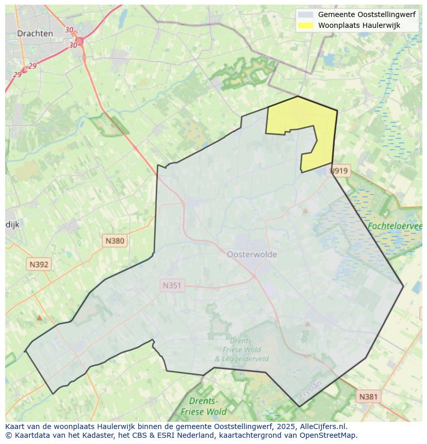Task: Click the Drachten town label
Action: pyautogui.click(x=35, y=34)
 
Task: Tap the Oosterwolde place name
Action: pyautogui.click(x=252, y=254)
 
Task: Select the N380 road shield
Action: pyautogui.click(x=114, y=240)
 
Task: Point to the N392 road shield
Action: pyautogui.click(x=39, y=265)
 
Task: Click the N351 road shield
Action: pyautogui.click(x=172, y=285)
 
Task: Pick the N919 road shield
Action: pyautogui.click(x=339, y=171)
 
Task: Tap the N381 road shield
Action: pyautogui.click(x=368, y=396)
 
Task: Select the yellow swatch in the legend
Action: pyautogui.click(x=306, y=25)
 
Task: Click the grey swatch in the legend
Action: pyautogui.click(x=306, y=15)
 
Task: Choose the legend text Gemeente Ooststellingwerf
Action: pyautogui.click(x=367, y=15)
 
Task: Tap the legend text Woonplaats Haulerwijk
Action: pyautogui.click(x=359, y=25)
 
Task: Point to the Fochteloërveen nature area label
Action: pyautogui.click(x=395, y=226)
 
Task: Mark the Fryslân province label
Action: pyautogui.click(x=310, y=390)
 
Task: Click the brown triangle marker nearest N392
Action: pyautogui.click(x=39, y=318)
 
